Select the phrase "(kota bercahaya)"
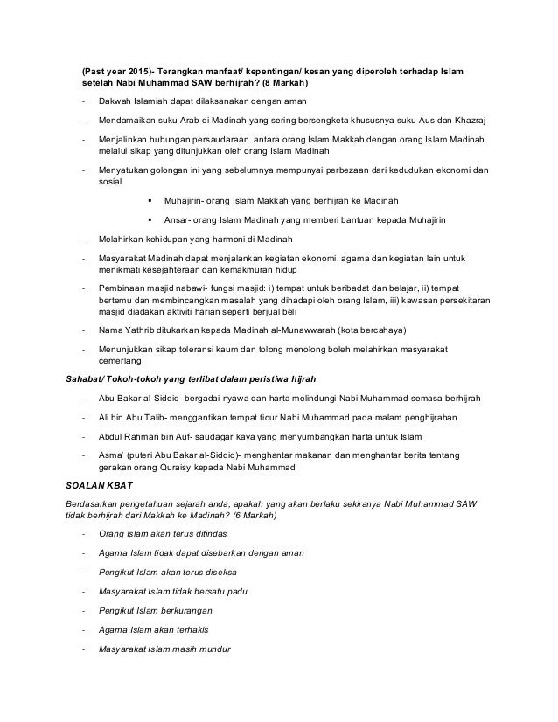coord(351,330)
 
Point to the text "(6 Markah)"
coord(249,517)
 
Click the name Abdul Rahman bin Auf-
coord(145,434)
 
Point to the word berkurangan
coord(187,609)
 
